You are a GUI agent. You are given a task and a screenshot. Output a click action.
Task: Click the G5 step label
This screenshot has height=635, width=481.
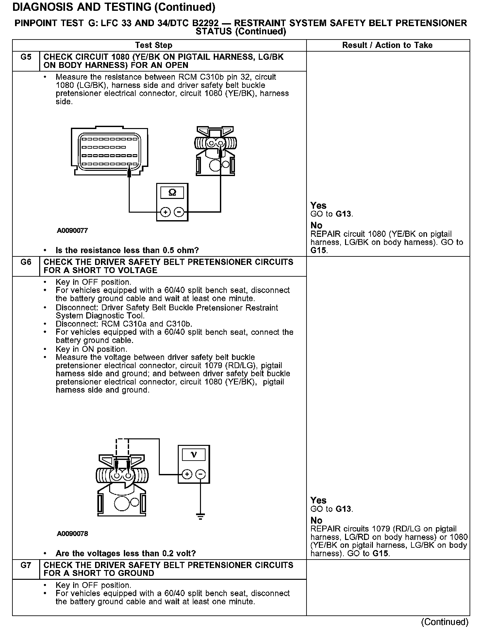26,57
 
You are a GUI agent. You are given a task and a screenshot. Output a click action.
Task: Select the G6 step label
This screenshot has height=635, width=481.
26,262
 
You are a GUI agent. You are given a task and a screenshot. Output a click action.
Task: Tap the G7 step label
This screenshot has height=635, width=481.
26,565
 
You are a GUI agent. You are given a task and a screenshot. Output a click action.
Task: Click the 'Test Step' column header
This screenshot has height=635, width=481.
154,45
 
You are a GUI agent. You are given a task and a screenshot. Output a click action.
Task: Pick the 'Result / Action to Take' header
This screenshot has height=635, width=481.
387,45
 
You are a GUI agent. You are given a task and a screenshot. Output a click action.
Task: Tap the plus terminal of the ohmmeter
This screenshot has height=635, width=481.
166,212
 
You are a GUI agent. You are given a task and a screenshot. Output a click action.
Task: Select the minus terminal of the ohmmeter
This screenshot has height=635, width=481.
179,212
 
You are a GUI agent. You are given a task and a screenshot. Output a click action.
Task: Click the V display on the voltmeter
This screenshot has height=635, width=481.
194,455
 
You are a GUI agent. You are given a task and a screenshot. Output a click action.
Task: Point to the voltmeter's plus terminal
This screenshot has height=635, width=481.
187,474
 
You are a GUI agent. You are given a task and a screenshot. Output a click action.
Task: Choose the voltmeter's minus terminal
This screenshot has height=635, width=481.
201,474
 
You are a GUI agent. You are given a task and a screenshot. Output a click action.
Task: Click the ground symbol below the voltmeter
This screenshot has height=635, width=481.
201,516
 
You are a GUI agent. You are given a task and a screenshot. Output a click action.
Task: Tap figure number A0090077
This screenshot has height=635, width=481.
72,231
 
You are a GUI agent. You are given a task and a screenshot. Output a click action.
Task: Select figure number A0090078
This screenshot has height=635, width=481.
72,534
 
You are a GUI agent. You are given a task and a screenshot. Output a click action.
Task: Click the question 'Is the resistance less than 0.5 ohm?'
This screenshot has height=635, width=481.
127,251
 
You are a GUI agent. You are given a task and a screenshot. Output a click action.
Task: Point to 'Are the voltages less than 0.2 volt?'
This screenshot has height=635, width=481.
126,554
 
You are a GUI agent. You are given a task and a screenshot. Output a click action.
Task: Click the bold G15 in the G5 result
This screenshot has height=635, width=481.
319,251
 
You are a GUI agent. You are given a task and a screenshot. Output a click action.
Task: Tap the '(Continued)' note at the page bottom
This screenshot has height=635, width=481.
445,622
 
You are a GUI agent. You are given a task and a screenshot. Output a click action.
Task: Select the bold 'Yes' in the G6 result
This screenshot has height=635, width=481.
318,500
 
